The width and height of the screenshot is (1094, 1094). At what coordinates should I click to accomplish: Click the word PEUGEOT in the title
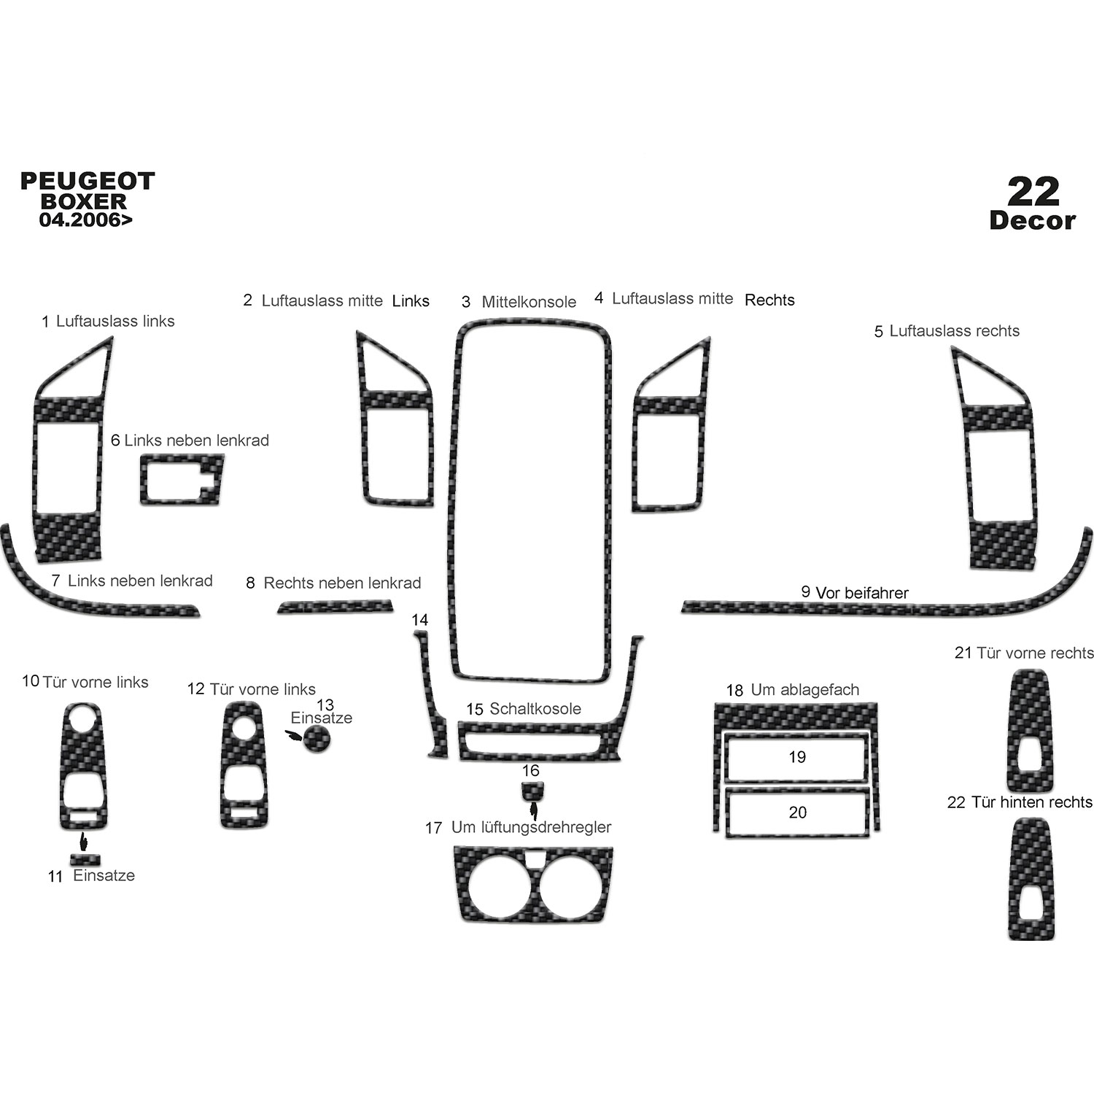click(88, 181)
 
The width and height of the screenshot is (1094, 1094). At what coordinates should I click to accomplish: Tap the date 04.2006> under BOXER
click(86, 220)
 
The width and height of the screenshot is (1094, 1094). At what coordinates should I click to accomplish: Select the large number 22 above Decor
click(1033, 192)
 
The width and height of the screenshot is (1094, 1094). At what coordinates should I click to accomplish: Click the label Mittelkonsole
click(529, 302)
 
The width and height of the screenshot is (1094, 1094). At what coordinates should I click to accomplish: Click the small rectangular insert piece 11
click(85, 859)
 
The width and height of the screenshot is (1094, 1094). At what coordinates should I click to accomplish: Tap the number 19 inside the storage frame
click(797, 757)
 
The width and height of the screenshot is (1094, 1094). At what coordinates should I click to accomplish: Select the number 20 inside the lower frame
click(798, 812)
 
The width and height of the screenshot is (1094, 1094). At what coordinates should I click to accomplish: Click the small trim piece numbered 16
click(532, 788)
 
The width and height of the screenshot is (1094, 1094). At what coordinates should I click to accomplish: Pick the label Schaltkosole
click(535, 709)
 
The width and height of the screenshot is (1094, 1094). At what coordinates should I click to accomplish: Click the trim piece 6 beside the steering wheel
click(182, 478)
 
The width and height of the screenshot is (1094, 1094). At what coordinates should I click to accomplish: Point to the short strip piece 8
click(335, 606)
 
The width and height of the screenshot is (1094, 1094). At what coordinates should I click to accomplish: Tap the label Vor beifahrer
click(862, 593)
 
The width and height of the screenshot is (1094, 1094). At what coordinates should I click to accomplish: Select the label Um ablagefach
click(805, 690)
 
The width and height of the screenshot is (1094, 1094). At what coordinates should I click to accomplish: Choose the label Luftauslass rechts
click(954, 331)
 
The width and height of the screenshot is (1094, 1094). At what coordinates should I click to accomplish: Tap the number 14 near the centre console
click(419, 620)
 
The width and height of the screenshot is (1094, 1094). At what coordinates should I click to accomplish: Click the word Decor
click(1033, 221)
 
